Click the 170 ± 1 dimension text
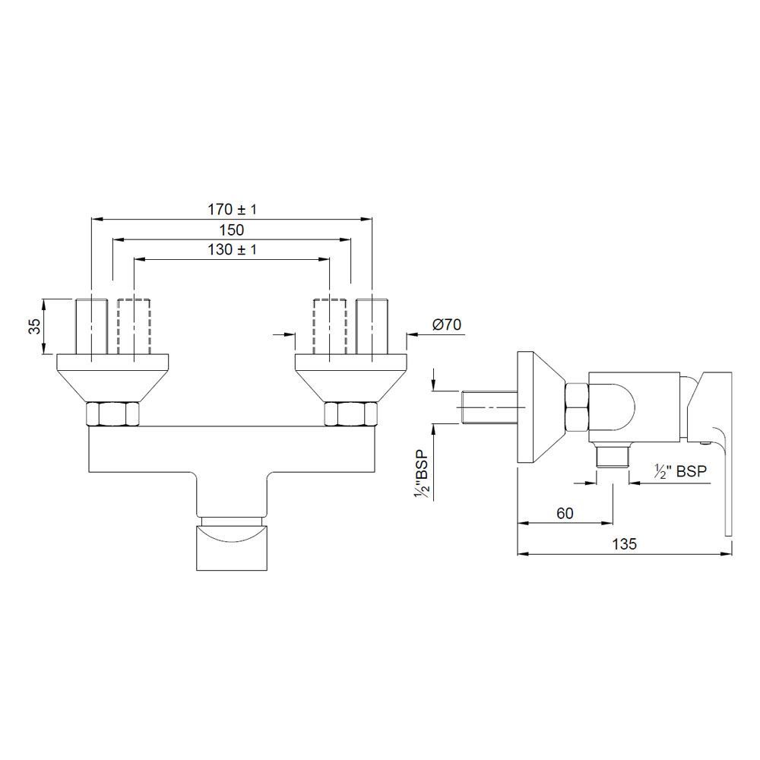(x=233, y=209)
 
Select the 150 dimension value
(x=231, y=230)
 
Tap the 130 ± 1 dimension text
(x=233, y=249)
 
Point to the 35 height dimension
(x=34, y=327)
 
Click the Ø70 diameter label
(x=447, y=325)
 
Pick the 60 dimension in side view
(x=565, y=513)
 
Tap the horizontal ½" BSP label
(x=681, y=471)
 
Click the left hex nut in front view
(x=114, y=414)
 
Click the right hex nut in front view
(x=350, y=414)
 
